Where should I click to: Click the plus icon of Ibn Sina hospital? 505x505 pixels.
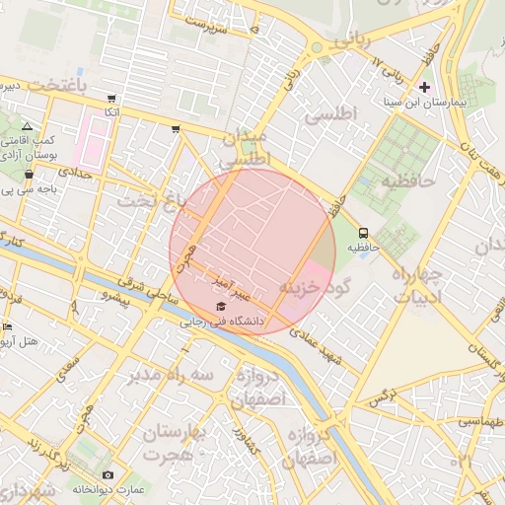pos(425,88)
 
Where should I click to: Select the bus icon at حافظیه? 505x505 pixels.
pos(364,234)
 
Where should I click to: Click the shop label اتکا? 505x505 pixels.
pos(111,113)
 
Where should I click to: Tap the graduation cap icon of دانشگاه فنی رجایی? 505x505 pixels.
pos(219,306)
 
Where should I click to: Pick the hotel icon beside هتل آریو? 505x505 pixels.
pos(8,326)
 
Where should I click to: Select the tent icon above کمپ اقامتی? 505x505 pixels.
pos(27,127)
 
